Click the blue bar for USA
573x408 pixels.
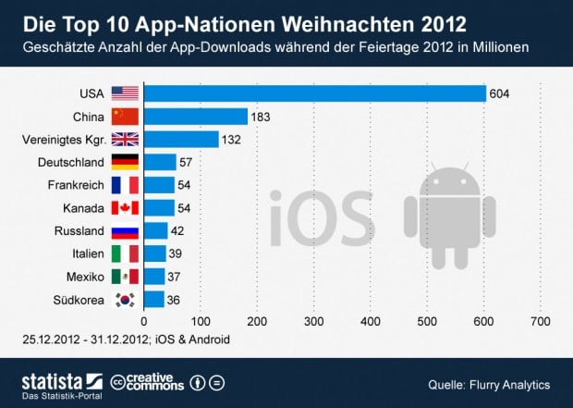point(315,93)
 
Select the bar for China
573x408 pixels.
point(196,117)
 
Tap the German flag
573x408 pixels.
point(125,162)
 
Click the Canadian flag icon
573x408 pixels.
point(125,208)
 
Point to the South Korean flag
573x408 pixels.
point(125,300)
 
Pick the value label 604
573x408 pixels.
point(499,94)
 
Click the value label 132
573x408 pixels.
point(231,140)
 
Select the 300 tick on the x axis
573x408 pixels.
point(313,321)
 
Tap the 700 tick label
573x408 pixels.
point(540,321)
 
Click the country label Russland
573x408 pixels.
point(79,231)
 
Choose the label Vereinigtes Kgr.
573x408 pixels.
point(65,140)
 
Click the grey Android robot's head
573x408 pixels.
point(450,180)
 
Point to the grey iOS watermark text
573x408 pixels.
point(323,218)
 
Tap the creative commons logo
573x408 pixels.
point(147,382)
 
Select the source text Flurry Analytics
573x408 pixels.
point(509,385)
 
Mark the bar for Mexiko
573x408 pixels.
point(154,277)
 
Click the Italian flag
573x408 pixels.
point(125,253)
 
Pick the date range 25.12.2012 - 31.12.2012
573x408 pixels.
point(86,340)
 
